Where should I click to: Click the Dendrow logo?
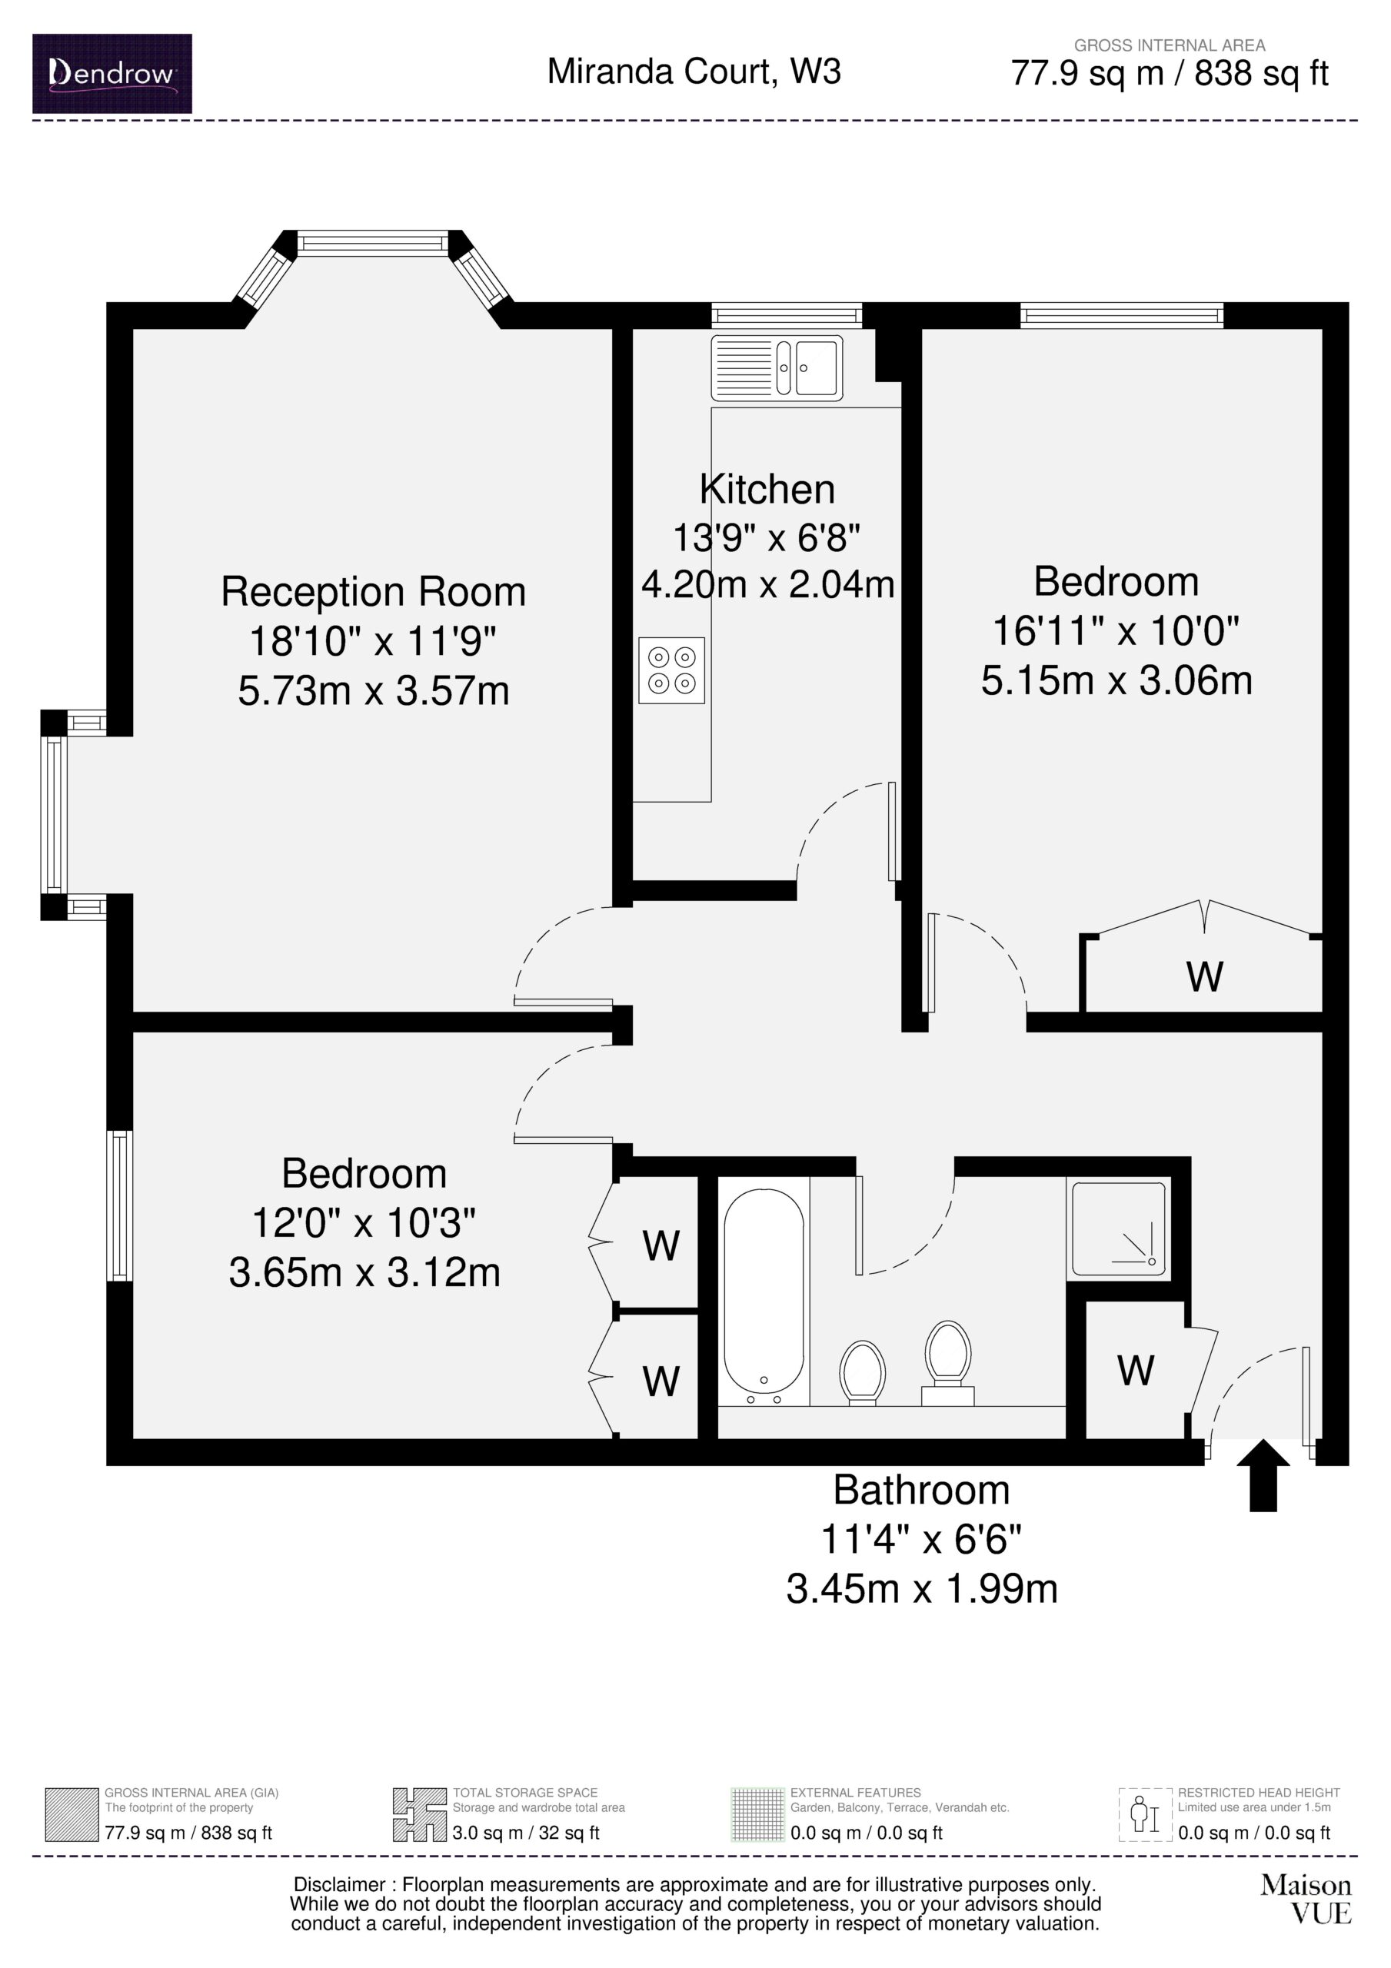pyautogui.click(x=112, y=74)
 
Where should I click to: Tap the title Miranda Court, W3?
pyautogui.click(x=694, y=71)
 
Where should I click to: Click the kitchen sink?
pyautogui.click(x=777, y=367)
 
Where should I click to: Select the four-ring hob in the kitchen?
pyautogui.click(x=671, y=670)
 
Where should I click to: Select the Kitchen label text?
pyautogui.click(x=767, y=490)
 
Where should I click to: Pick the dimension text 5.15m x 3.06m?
pyautogui.click(x=1116, y=680)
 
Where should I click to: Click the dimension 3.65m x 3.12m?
pyautogui.click(x=364, y=1272)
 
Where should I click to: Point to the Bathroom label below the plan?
pyautogui.click(x=922, y=1490)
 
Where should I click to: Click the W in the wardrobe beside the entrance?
pyautogui.click(x=1136, y=1371)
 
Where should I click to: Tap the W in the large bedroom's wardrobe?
pyautogui.click(x=1204, y=976)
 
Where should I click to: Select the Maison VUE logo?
pyautogui.click(x=1306, y=1899)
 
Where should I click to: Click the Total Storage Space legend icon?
pyautogui.click(x=419, y=1814)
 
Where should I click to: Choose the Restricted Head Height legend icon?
pyautogui.click(x=1145, y=1814)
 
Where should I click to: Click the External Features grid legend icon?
pyautogui.click(x=757, y=1814)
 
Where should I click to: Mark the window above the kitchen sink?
pyautogui.click(x=787, y=315)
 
